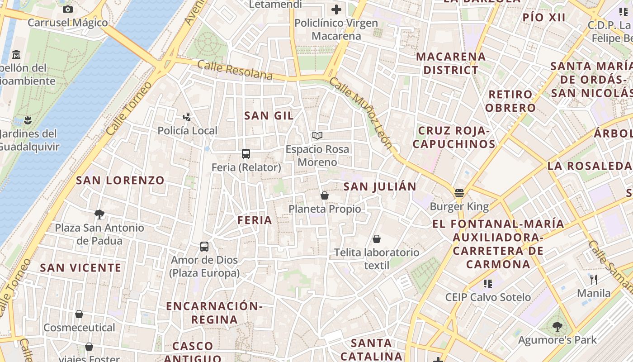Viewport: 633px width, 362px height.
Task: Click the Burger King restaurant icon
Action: [x=459, y=193]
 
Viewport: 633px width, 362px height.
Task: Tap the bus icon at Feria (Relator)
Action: [x=246, y=154]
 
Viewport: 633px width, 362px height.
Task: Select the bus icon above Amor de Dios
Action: [x=204, y=247]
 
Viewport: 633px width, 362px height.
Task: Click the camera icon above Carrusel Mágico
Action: [x=68, y=9]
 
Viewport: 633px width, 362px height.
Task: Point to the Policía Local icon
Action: [x=187, y=117]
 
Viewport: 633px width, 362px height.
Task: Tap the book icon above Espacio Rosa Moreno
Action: [x=317, y=135]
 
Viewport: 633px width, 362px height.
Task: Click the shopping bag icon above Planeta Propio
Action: [x=324, y=195]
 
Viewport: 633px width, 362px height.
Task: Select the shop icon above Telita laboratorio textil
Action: [x=377, y=239]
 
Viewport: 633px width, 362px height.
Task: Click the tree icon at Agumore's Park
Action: [x=557, y=326]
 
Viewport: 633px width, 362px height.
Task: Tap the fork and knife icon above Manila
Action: [x=594, y=280]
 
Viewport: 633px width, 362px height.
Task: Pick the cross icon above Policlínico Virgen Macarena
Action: [x=336, y=9]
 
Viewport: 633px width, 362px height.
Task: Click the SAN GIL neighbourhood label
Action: [x=269, y=115]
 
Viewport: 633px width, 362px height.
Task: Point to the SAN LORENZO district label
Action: [x=120, y=180]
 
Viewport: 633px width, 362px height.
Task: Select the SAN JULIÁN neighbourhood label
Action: [x=380, y=186]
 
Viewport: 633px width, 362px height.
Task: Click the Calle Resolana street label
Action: [x=235, y=70]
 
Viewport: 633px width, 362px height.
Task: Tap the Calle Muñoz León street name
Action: [x=360, y=113]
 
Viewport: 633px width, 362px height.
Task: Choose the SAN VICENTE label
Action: [x=81, y=267]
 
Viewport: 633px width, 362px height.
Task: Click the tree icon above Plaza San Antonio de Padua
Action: [x=99, y=214]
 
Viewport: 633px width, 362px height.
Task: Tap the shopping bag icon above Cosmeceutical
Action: [x=79, y=314]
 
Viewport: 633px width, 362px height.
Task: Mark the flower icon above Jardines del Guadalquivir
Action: [x=28, y=120]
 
